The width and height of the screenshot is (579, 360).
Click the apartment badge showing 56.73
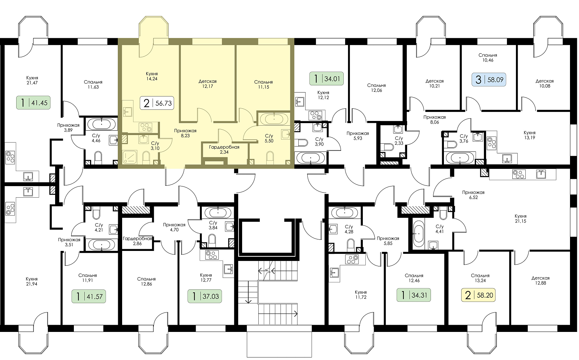(x=157, y=103)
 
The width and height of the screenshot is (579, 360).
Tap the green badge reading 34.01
(x=326, y=78)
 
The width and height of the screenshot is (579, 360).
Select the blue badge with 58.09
(x=489, y=80)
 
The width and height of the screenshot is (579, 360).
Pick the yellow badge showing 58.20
(x=478, y=295)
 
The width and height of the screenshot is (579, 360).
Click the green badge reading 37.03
(x=205, y=296)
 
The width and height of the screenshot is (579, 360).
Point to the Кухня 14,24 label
(x=152, y=76)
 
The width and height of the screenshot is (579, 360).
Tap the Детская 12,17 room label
(x=208, y=84)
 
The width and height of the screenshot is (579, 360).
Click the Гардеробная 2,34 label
(x=224, y=149)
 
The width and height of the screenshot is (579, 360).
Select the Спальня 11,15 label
(x=263, y=85)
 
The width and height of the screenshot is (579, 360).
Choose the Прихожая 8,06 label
(x=435, y=120)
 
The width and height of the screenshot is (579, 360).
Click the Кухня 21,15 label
(x=520, y=219)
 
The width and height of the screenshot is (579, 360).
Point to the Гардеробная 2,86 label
(x=137, y=241)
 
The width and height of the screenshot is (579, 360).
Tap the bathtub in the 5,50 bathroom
(x=274, y=119)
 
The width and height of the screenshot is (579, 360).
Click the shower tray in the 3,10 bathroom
(x=130, y=157)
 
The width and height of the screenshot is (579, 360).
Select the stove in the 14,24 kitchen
(x=145, y=127)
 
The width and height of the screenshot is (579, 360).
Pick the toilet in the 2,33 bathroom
(x=388, y=147)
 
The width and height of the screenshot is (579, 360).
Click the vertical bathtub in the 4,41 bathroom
(x=418, y=234)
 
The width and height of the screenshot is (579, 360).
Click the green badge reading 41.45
(x=34, y=103)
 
